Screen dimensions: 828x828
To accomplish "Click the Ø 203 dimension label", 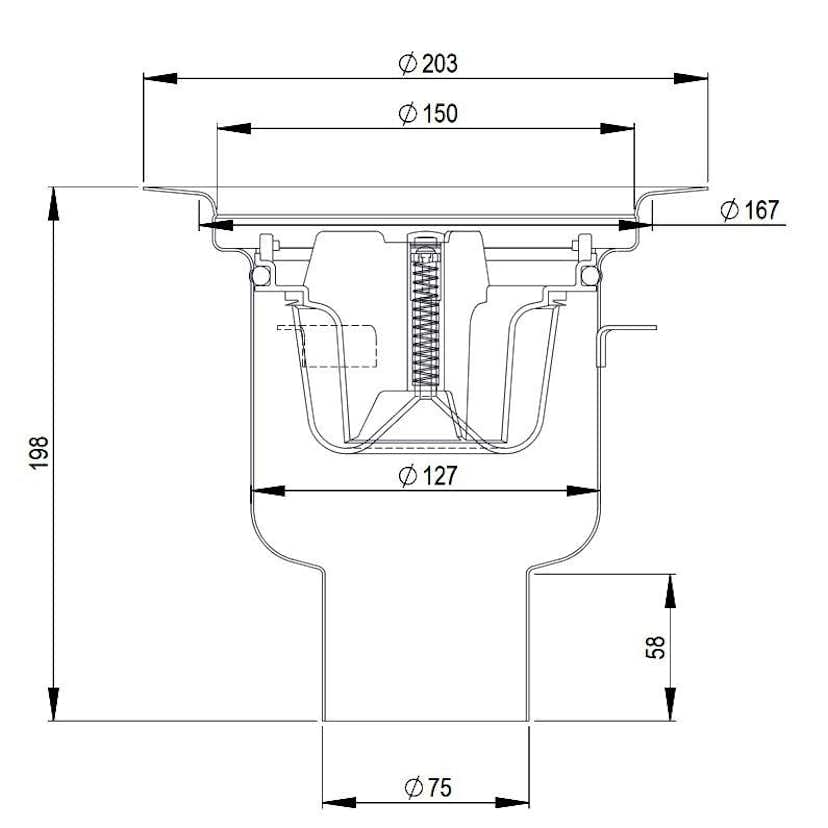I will pos(427,64).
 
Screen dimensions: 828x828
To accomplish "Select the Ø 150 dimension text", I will pos(427,114).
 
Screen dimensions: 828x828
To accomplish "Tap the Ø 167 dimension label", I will pos(748,210).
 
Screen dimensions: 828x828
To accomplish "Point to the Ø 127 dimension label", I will pos(427,476).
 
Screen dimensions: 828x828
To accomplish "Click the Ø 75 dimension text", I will pos(427,788).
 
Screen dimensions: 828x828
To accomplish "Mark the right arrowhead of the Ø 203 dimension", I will pos(692,78).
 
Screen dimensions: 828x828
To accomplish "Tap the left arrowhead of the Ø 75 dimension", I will pos(338,802).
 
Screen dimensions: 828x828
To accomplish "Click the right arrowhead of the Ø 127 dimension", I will pos(584,490).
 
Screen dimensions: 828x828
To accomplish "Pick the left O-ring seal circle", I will pos(260,275).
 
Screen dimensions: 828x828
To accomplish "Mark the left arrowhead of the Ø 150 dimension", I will pos(232,128).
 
